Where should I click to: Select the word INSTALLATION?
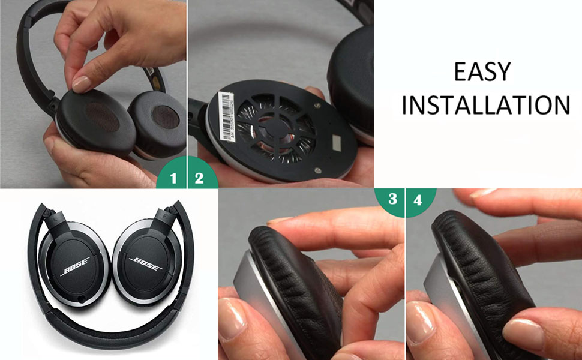pyautogui.click(x=486, y=104)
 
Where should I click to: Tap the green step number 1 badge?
pyautogui.click(x=173, y=178)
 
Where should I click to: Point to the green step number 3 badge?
pyautogui.click(x=392, y=199)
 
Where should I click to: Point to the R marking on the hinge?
pyautogui.click(x=161, y=214)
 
